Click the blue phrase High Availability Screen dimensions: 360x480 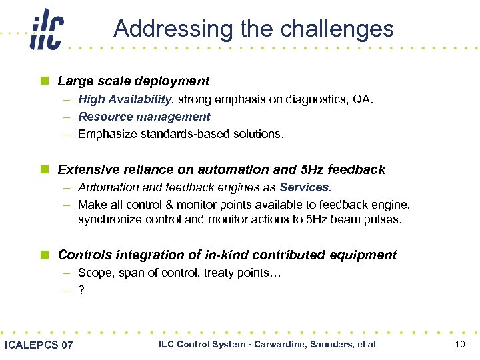coord(125,99)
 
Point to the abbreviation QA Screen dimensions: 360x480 coord(363,99)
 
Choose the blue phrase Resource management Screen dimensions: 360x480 coord(144,117)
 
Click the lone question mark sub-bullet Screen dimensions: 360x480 coord(81,290)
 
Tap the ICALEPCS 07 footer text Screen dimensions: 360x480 coord(39,345)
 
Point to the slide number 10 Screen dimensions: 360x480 coord(459,344)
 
